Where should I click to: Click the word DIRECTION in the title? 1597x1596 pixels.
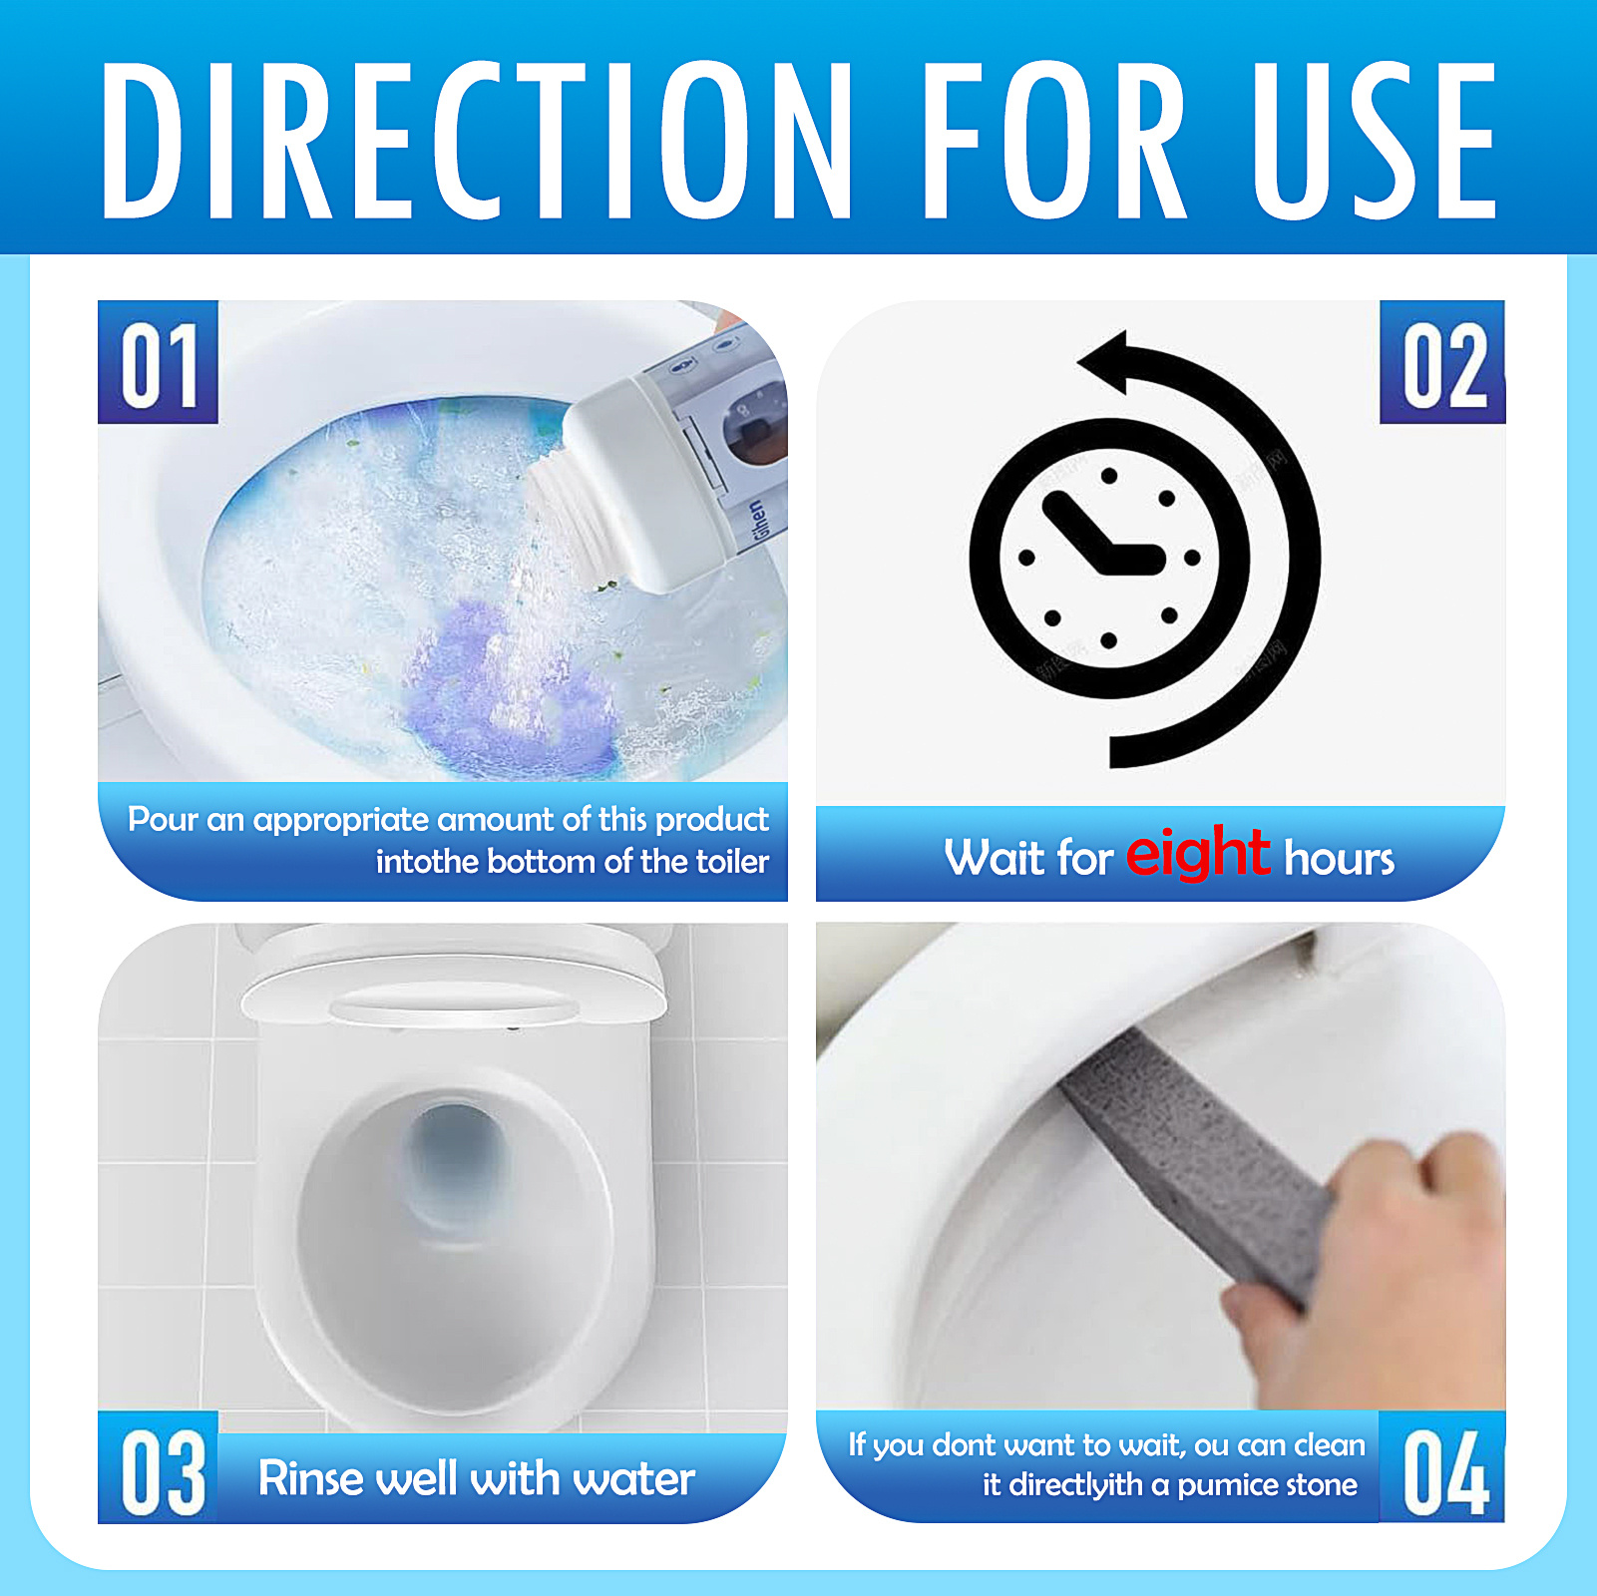point(477,140)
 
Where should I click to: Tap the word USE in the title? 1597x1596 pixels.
point(1375,140)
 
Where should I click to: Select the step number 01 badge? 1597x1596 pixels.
point(158,363)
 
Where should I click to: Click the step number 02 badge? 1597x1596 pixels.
point(1442,363)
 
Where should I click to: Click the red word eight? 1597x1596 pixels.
point(1197,853)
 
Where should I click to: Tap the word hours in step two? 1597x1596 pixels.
point(1339,859)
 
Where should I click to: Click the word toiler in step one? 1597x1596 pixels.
point(732,861)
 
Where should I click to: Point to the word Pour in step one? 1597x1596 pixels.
point(163,820)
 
